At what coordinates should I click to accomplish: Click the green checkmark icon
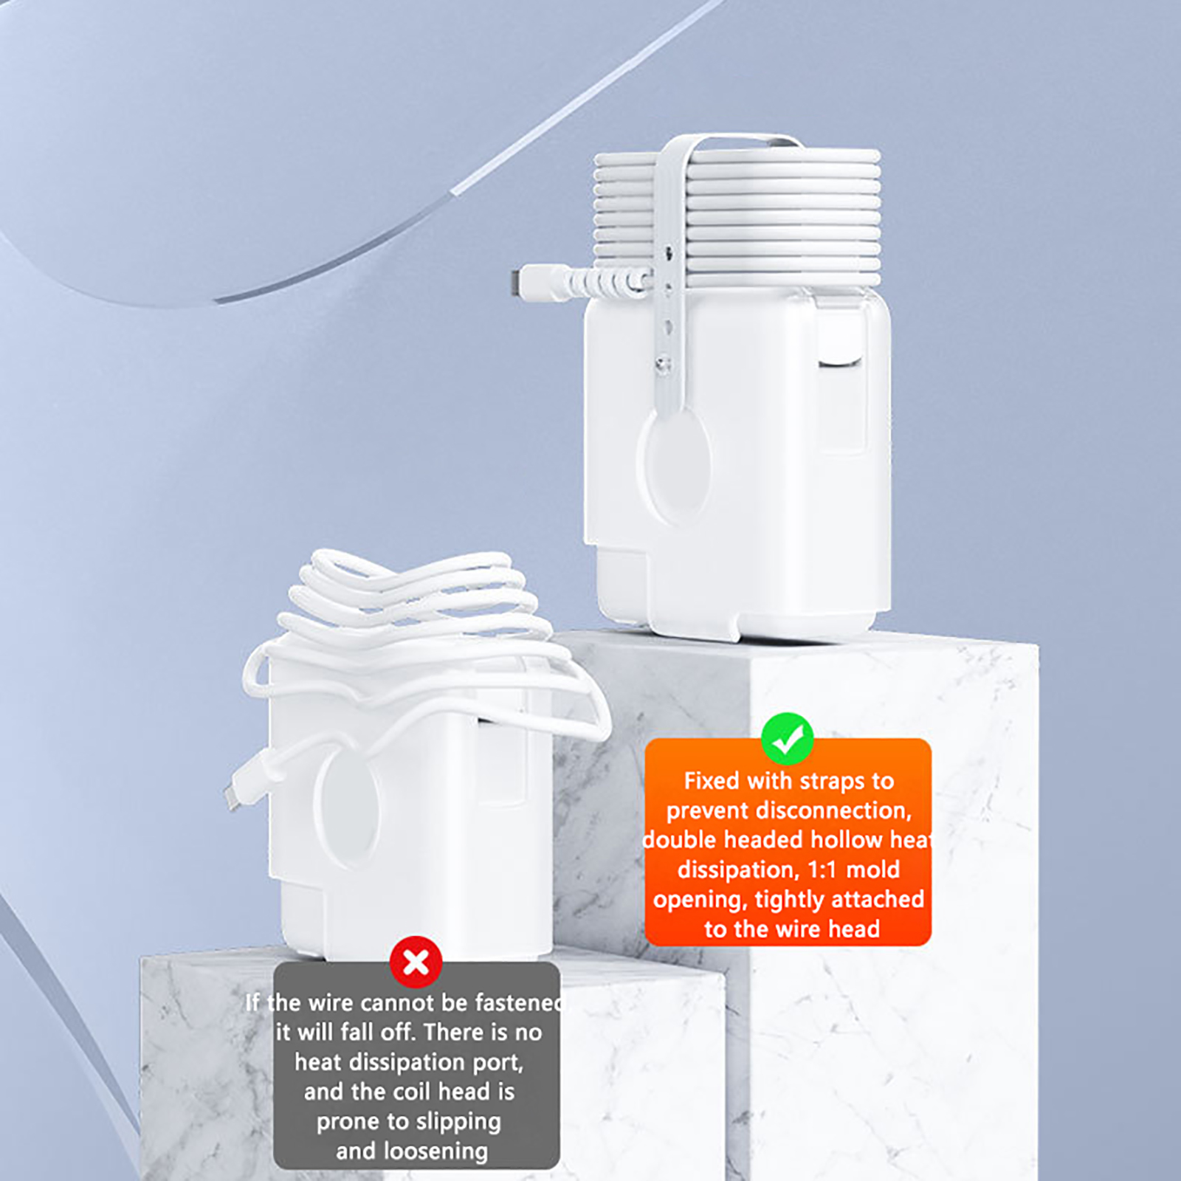pos(788,739)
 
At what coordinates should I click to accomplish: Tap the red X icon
pos(416,963)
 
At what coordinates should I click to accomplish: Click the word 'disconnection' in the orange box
pos(789,810)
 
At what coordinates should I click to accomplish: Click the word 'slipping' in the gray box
pos(458,1122)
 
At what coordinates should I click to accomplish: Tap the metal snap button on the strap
pos(664,362)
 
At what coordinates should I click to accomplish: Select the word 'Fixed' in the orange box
pos(712,781)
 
